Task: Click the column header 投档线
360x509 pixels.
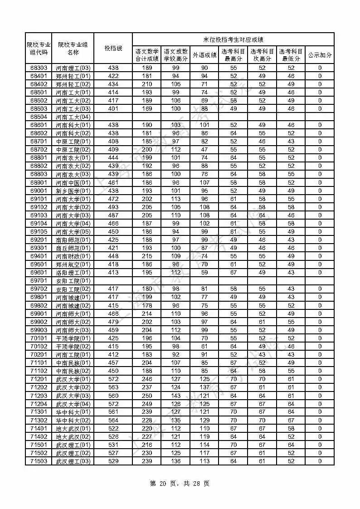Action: click(113, 48)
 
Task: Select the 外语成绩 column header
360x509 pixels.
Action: click(204, 55)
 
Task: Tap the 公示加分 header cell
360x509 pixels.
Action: click(320, 55)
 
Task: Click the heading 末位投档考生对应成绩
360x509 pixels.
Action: click(233, 39)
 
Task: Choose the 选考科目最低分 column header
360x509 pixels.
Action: click(291, 55)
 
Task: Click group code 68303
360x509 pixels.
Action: click(39, 68)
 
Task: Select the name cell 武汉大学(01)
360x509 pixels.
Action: click(73, 379)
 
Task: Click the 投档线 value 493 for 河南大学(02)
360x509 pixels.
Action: click(113, 207)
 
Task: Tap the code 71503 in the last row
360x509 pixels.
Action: click(39, 461)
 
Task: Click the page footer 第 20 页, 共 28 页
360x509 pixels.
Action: click(180, 484)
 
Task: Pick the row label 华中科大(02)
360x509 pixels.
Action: click(73, 420)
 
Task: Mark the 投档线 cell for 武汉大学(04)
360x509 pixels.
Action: click(113, 404)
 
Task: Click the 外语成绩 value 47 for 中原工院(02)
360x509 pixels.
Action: click(204, 150)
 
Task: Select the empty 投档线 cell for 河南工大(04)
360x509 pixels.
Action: click(113, 117)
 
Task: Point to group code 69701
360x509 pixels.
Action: click(39, 281)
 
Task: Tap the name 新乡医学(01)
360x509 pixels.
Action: click(73, 191)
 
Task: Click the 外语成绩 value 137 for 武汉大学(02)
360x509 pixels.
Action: click(204, 387)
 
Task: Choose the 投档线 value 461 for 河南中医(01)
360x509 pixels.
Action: click(113, 183)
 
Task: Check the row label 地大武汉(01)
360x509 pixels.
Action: click(73, 429)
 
